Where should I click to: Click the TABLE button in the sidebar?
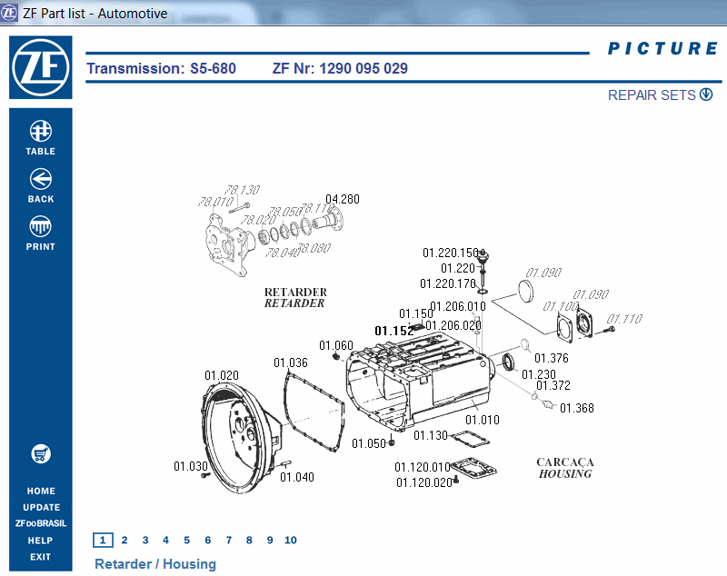point(40,138)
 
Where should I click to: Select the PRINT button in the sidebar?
point(40,233)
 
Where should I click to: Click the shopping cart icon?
point(40,453)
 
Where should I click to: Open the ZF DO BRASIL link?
point(40,523)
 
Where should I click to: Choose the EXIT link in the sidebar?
point(40,557)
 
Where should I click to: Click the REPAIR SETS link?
point(660,95)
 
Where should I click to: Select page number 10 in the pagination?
point(290,540)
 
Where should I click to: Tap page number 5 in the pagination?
point(186,540)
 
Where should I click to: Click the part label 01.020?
point(222,375)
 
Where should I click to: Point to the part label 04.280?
point(343,199)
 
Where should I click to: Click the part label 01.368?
point(576,408)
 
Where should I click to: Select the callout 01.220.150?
point(451,253)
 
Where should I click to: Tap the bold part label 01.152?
point(394,332)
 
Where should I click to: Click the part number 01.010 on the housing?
point(483,420)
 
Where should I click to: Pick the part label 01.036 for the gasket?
point(291,362)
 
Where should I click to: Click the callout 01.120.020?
point(423,482)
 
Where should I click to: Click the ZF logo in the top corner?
point(40,66)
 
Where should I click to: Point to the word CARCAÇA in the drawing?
point(564,462)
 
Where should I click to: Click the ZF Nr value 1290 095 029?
point(363,68)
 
